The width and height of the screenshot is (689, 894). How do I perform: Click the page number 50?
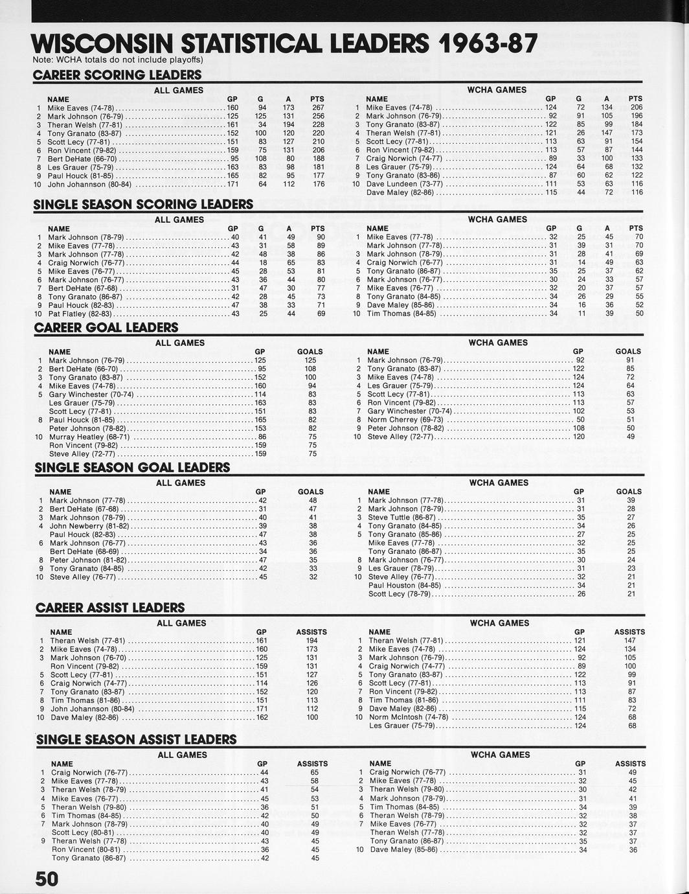click(x=46, y=878)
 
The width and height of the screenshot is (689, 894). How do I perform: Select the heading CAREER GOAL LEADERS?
click(x=106, y=328)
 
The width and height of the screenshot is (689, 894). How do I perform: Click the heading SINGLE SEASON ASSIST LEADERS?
click(x=137, y=740)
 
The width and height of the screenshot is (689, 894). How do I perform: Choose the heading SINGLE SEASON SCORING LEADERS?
click(x=143, y=205)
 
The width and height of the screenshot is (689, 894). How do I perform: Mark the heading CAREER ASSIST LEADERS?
click(x=110, y=608)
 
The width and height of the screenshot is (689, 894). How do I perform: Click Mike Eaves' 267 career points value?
click(x=318, y=108)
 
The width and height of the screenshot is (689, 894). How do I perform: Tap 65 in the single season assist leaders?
click(x=315, y=772)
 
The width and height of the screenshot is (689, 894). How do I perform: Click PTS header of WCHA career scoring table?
click(x=635, y=98)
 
